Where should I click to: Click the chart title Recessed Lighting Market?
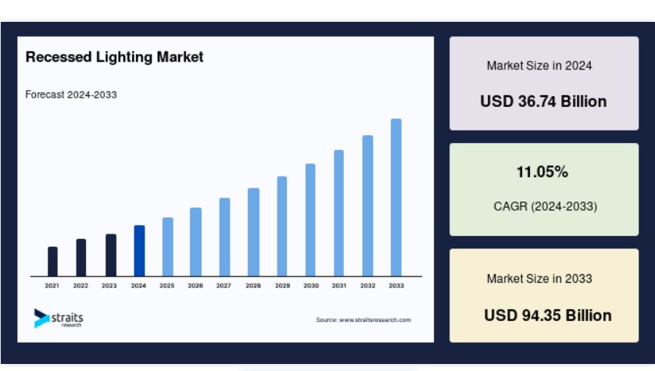[114, 57]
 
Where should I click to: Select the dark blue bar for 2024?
[140, 251]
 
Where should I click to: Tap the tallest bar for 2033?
[396, 198]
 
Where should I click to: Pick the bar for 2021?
[52, 262]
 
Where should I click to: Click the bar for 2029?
[282, 227]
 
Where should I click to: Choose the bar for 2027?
[225, 237]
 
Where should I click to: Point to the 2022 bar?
[81, 258]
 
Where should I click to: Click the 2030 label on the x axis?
[311, 285]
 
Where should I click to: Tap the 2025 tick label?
[167, 285]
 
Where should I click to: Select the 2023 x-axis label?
[109, 285]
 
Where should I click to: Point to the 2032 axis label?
[367, 285]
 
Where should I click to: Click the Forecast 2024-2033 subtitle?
[71, 95]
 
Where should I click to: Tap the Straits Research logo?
[59, 319]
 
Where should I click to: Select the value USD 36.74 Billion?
[543, 102]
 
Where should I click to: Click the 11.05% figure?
[542, 172]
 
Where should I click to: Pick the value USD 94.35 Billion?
[548, 315]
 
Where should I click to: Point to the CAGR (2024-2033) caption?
[545, 206]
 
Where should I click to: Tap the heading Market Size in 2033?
[539, 278]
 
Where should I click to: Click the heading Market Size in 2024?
[539, 66]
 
